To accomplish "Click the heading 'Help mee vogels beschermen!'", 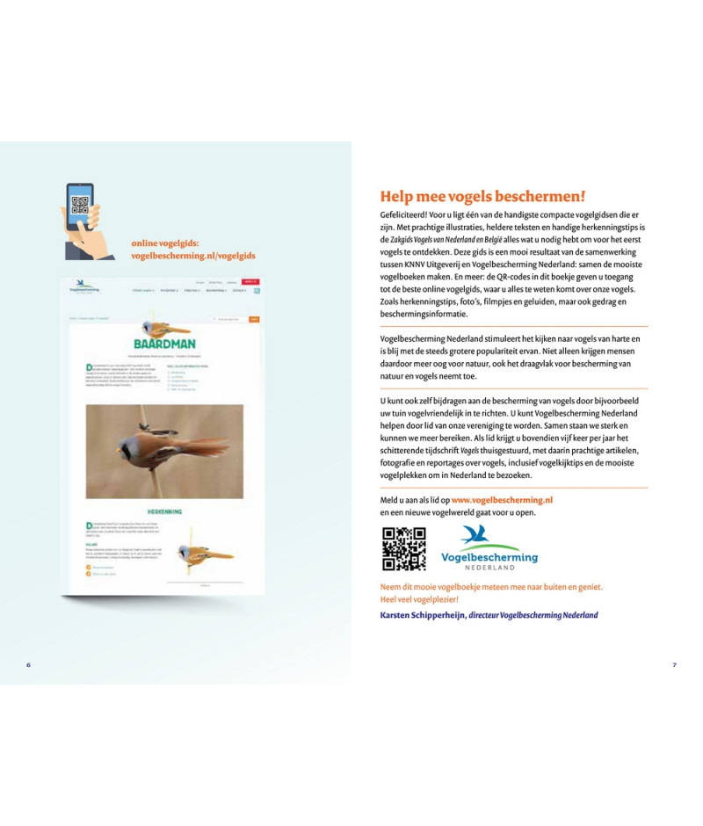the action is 482,197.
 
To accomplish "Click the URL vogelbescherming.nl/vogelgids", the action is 192,256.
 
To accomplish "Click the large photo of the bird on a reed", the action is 164,452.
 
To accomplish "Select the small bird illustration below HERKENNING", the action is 204,553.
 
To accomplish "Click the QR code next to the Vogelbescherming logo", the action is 403,549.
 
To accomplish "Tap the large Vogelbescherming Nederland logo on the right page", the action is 489,548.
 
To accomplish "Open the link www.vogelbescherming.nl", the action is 502,500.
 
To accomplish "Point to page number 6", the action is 29,664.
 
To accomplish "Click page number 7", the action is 674,664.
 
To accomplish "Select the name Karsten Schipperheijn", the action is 422,615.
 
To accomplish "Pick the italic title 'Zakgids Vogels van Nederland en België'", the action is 446,238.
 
